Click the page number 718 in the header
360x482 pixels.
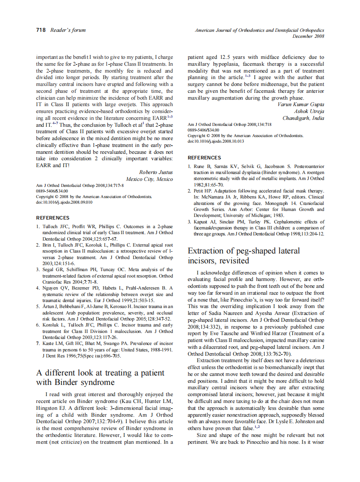click(41, 30)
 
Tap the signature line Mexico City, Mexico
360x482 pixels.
click(149, 179)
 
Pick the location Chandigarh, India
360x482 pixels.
click(303, 118)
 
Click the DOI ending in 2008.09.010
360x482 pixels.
click(64, 202)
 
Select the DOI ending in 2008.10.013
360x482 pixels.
click(216, 141)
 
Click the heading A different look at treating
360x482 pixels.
click(100, 373)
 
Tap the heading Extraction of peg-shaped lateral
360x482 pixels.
click(244, 250)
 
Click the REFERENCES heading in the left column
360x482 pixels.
click(52, 218)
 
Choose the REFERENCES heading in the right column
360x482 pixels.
click(204, 158)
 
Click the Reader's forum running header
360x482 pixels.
click(68, 30)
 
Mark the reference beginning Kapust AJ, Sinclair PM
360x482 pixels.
click(256, 228)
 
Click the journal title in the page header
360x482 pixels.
click(259, 30)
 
